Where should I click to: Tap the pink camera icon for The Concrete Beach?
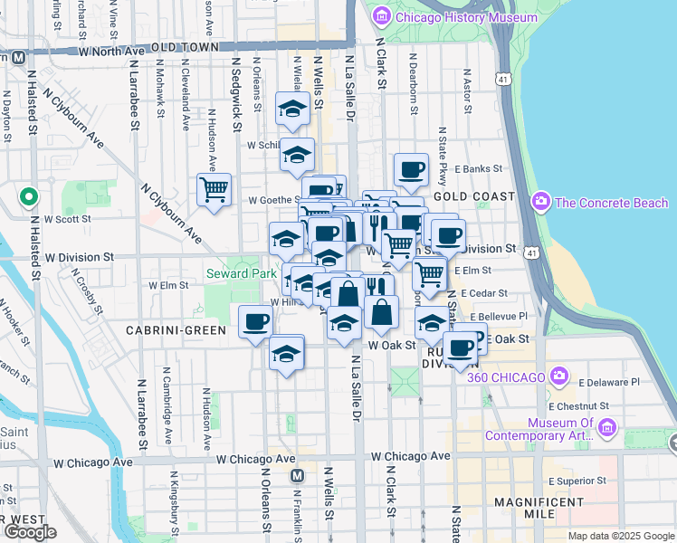[x=542, y=201]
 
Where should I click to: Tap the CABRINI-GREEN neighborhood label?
[x=176, y=330]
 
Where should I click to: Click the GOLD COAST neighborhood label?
[x=473, y=195]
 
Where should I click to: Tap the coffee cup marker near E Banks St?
[x=411, y=169]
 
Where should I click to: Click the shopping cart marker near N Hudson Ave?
[x=214, y=190]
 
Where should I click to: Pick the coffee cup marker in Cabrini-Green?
[x=256, y=321]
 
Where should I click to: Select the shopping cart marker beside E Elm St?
[x=430, y=273]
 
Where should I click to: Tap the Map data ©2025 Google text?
[x=620, y=536]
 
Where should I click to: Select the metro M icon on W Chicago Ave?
[x=296, y=475]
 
